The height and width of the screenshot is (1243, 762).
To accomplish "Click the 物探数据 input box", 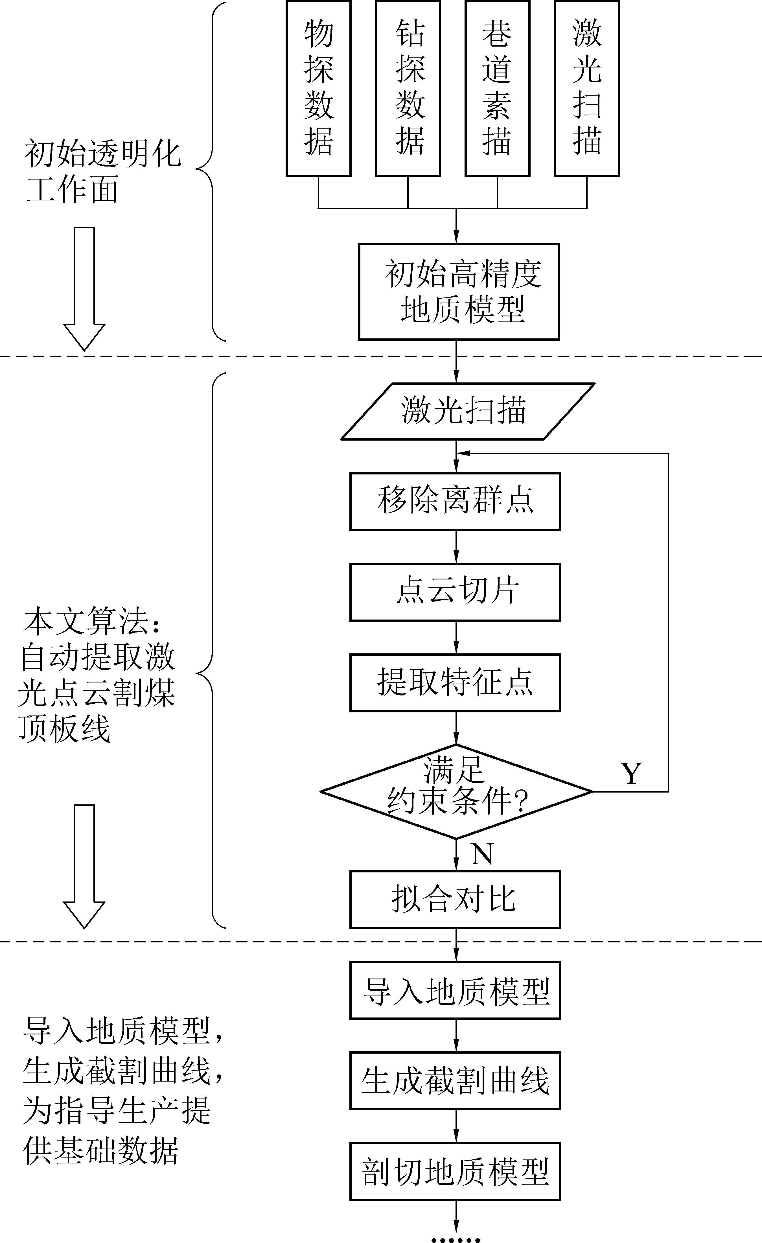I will click(x=318, y=88).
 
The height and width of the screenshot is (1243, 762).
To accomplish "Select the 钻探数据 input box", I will click(x=408, y=88).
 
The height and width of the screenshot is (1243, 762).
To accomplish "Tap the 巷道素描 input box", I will click(x=497, y=88).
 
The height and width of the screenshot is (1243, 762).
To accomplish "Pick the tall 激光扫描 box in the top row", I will click(x=586, y=88).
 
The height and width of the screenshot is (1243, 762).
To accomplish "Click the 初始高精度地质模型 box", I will click(x=459, y=292).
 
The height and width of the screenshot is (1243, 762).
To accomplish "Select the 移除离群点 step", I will click(x=456, y=502).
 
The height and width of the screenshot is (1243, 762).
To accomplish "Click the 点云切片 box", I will click(x=456, y=592).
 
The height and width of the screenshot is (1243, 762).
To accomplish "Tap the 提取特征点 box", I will click(x=456, y=682).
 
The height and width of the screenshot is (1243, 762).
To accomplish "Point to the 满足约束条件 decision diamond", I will click(x=456, y=791).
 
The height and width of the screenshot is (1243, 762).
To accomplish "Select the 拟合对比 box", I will click(x=456, y=900).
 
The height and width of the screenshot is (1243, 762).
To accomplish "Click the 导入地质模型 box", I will click(x=456, y=990).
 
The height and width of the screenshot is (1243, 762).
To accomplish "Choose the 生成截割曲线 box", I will click(x=456, y=1080).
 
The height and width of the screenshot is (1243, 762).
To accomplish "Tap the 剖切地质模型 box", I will click(x=456, y=1171).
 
